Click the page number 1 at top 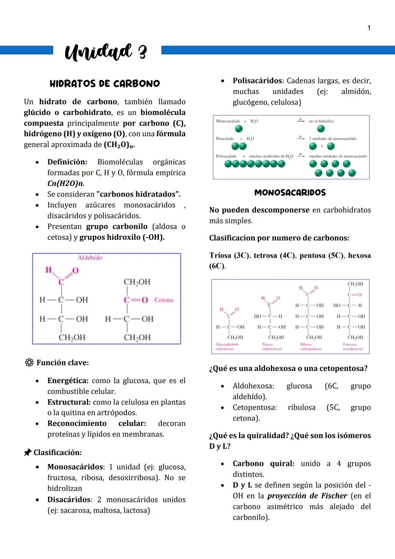[369, 28]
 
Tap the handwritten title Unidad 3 [106, 52]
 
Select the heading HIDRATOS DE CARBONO [105, 83]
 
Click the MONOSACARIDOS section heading [290, 193]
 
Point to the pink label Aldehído [90, 258]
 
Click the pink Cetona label [163, 300]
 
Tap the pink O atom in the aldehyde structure [75, 271]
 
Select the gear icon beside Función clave [29, 362]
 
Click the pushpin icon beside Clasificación [27, 452]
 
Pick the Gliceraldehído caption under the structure [227, 344]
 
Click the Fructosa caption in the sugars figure [350, 344]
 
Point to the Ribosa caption [306, 344]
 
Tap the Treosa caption [267, 344]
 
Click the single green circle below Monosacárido [239, 128]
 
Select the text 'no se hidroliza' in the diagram [321, 121]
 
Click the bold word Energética [68, 381]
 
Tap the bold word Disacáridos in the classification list [69, 500]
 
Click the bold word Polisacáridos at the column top [258, 81]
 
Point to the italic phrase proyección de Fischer [307, 496]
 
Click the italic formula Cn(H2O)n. [66, 183]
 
